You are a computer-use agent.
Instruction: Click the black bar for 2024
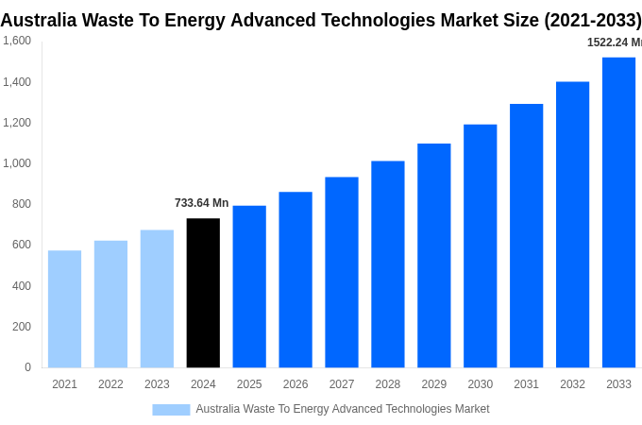203,293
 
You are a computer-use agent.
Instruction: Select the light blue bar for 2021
64,309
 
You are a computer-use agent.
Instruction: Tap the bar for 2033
618,212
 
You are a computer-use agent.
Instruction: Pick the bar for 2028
387,264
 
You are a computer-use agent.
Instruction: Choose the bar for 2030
480,246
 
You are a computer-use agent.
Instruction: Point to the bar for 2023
157,298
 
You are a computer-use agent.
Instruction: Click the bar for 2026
296,280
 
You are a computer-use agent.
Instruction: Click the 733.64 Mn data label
201,203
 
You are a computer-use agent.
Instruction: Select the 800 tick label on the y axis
21,204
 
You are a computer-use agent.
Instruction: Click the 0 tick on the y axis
27,367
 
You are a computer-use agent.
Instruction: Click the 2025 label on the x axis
249,384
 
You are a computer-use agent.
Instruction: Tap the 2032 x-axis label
572,384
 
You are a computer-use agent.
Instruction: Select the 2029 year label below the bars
433,384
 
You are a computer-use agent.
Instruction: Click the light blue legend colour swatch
171,410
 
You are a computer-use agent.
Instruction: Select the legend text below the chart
343,409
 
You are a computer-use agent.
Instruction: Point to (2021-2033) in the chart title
592,20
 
